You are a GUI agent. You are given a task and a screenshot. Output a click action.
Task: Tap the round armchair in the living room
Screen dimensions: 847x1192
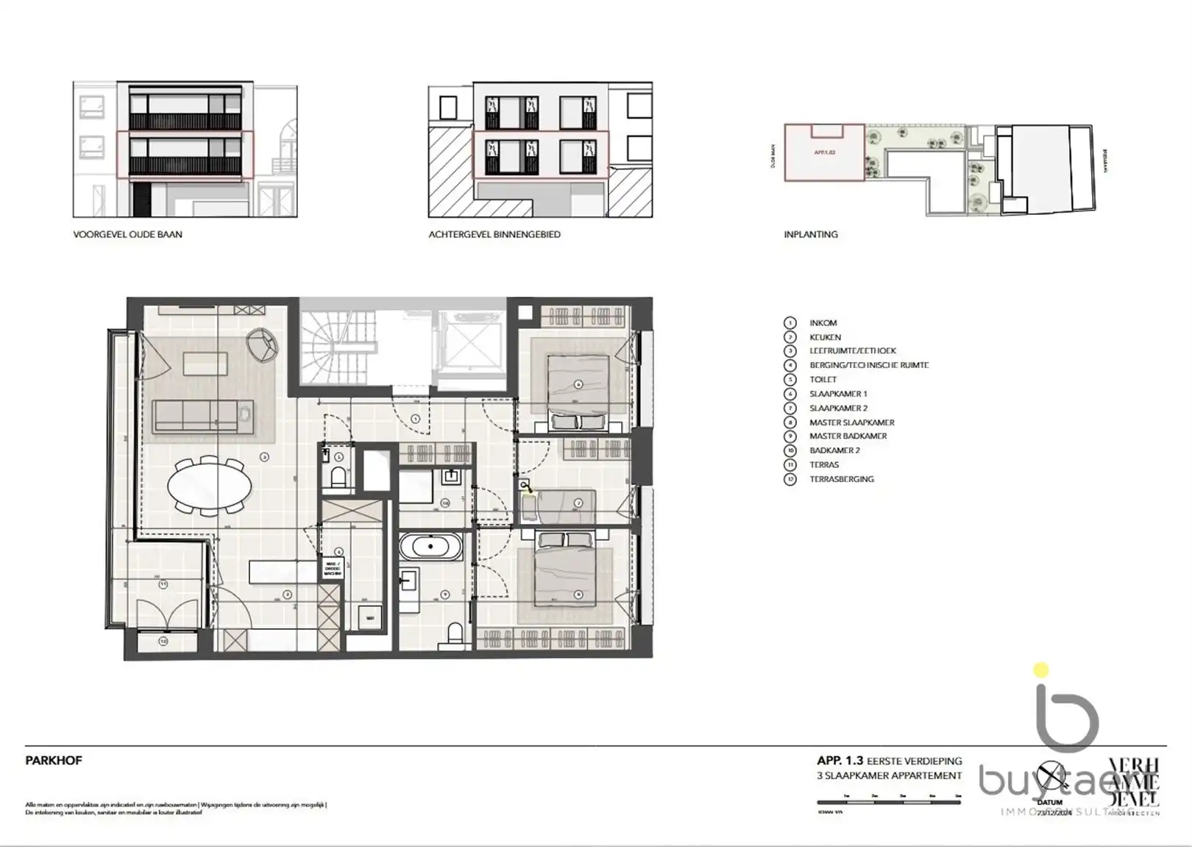(263, 344)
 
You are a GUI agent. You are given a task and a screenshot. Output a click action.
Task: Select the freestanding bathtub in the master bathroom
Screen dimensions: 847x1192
(431, 547)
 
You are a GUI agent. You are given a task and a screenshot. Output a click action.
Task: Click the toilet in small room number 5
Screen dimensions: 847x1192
(338, 478)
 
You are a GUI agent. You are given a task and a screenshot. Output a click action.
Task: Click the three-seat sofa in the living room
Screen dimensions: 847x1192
(202, 416)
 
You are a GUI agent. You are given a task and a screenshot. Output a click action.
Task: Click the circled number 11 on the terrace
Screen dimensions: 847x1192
(163, 584)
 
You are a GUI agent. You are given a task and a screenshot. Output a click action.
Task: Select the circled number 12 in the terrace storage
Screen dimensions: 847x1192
(163, 641)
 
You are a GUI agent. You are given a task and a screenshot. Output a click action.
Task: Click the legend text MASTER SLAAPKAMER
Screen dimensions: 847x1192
(851, 422)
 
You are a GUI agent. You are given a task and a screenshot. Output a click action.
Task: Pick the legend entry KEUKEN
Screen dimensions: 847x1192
(825, 337)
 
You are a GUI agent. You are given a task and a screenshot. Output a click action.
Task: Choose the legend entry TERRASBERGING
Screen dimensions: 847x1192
(841, 479)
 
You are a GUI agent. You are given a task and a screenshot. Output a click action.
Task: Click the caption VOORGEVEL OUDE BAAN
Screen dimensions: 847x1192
(127, 234)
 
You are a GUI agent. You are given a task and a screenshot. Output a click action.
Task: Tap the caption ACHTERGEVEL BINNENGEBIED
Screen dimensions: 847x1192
(494, 234)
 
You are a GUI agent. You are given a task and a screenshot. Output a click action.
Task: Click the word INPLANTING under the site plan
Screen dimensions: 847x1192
(810, 234)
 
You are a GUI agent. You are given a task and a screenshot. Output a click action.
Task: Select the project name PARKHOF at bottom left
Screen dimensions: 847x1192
(53, 761)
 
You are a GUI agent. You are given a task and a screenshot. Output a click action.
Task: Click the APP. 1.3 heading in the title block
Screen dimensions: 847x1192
(840, 761)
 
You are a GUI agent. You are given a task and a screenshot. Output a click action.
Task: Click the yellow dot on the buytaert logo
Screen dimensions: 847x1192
(1040, 670)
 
